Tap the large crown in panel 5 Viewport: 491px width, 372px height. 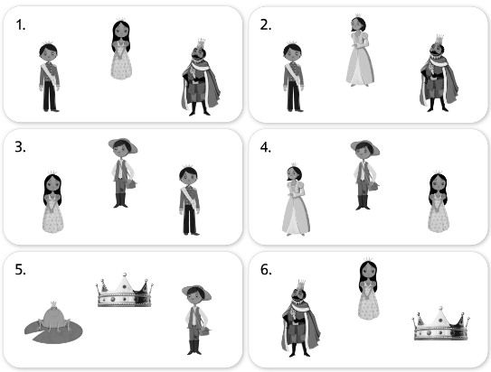tap(124, 291)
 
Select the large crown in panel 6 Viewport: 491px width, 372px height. tap(441, 324)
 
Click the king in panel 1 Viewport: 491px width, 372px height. tap(201, 78)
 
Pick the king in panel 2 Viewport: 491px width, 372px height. tap(439, 73)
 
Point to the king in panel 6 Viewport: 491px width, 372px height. tap(300, 318)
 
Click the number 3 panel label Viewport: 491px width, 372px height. tap(20, 147)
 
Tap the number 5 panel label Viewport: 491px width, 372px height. tap(20, 269)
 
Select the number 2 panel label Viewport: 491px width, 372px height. tap(266, 25)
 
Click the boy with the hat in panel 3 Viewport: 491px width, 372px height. tap(123, 172)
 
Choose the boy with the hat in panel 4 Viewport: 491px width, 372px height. tap(364, 175)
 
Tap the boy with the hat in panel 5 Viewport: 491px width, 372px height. tap(196, 320)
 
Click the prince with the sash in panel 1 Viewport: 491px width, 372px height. tap(49, 77)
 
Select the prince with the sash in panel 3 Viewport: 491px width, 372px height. tap(189, 200)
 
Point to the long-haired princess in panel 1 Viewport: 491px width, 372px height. tap(121, 49)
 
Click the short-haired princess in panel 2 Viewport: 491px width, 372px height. tap(360, 51)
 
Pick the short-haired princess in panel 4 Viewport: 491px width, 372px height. tap(296, 200)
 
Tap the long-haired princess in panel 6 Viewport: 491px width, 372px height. tap(368, 289)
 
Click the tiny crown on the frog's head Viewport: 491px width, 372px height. tap(53, 304)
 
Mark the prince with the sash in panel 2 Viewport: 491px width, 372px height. tap(293, 77)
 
